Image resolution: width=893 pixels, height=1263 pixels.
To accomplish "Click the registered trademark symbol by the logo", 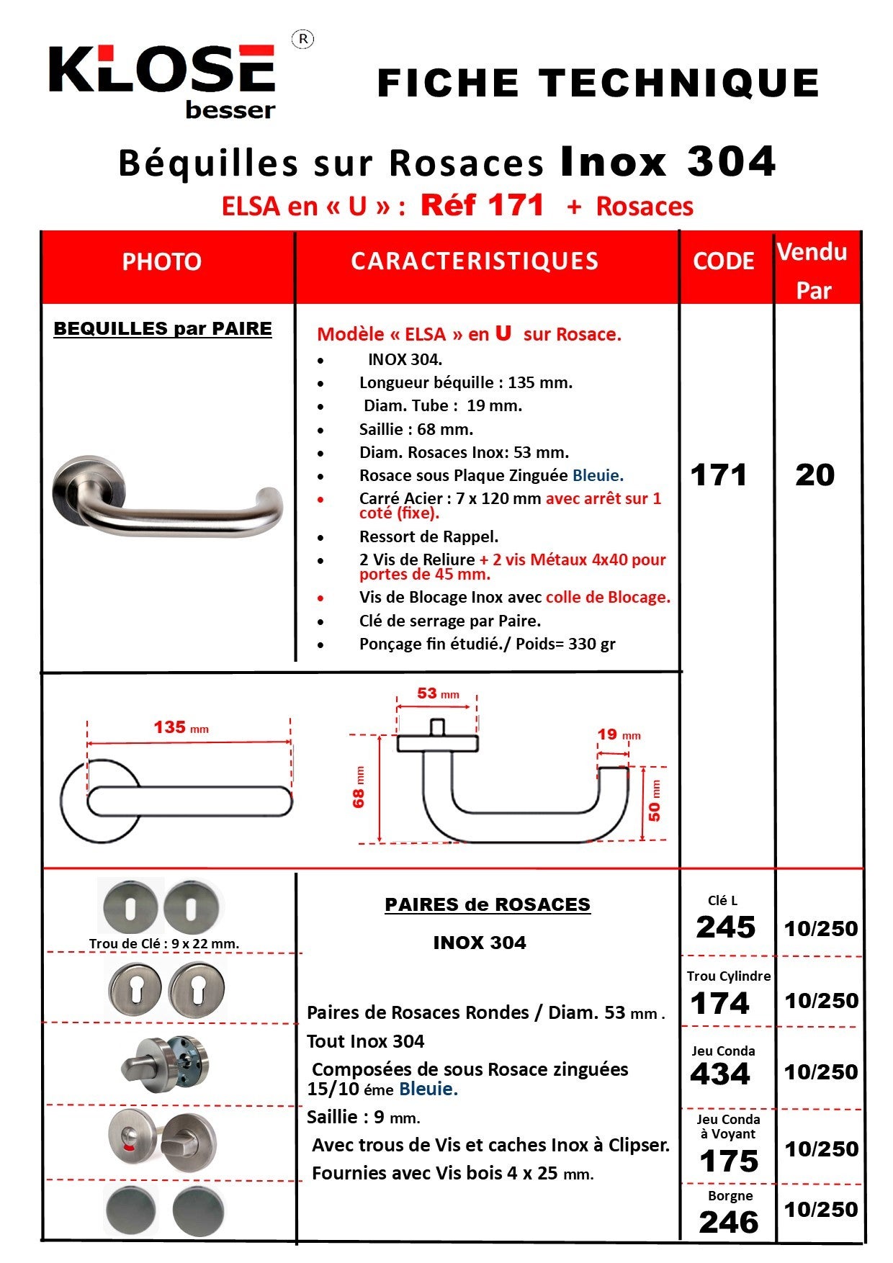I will (x=302, y=40).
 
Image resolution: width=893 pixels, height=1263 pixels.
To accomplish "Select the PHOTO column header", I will (x=161, y=262).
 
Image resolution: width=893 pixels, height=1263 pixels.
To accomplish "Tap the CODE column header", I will (x=723, y=261).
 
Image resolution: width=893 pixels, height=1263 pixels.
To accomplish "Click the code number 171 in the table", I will (x=718, y=475).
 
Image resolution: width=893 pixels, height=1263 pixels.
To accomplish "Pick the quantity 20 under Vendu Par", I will (x=815, y=475).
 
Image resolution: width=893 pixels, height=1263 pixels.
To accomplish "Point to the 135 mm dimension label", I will (x=180, y=727).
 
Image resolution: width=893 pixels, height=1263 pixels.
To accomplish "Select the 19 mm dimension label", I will (x=618, y=734).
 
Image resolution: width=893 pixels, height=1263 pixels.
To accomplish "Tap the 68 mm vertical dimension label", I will (x=359, y=788).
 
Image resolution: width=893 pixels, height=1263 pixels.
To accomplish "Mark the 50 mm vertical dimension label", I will (x=654, y=801).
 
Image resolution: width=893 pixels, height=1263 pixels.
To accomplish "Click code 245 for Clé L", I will (x=725, y=927).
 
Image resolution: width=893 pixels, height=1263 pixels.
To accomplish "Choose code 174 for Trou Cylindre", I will (x=719, y=1003).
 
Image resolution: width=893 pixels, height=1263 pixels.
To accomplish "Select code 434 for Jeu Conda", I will (x=719, y=1074).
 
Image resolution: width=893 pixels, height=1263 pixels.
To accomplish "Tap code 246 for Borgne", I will (x=728, y=1222).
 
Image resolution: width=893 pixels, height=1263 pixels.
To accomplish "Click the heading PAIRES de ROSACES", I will (x=488, y=905).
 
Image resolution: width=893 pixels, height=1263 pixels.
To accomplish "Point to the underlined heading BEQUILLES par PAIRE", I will (x=163, y=329).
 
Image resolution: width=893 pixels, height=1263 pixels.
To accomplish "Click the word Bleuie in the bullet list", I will (x=598, y=476).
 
